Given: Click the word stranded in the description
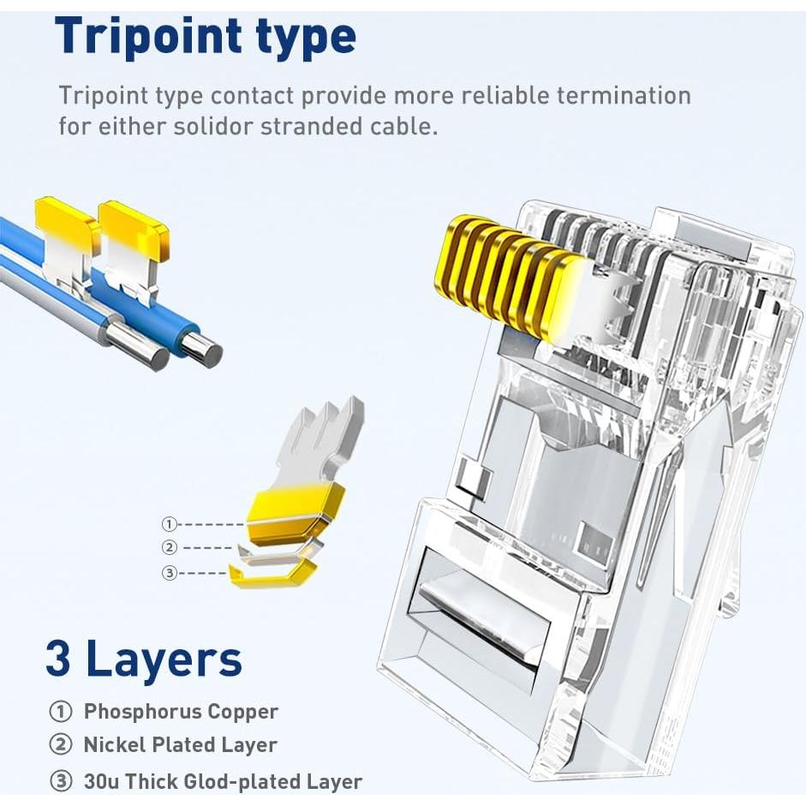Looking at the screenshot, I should click(319, 127).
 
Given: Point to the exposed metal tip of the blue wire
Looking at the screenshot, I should click(205, 349).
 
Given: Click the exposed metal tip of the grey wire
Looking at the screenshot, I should click(152, 352).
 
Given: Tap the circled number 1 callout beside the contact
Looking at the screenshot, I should click(170, 524).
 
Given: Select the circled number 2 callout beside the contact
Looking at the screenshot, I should click(170, 548).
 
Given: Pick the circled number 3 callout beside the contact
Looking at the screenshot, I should click(170, 573).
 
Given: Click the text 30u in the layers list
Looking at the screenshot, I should click(101, 781).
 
